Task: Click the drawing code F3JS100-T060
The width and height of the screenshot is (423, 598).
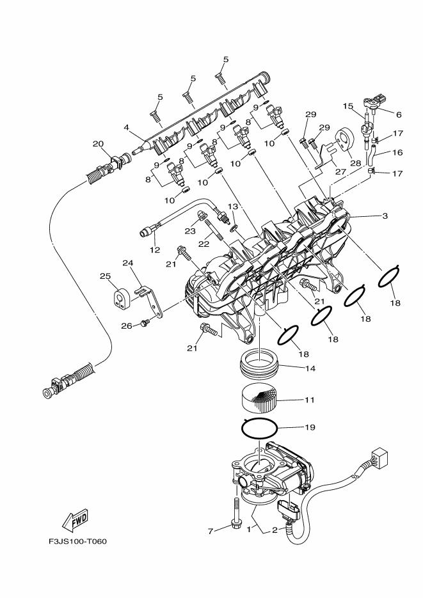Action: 77,542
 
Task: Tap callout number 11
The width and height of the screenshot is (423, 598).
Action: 310,401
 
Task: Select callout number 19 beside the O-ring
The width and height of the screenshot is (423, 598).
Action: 310,426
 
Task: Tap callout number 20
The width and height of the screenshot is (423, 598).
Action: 98,144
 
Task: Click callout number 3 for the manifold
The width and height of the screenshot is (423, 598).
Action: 385,216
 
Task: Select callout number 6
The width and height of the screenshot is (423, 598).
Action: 398,114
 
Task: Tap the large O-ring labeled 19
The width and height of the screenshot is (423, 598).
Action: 260,426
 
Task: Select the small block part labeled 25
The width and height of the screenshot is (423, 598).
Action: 121,298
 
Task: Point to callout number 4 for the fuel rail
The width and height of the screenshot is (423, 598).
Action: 127,128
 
